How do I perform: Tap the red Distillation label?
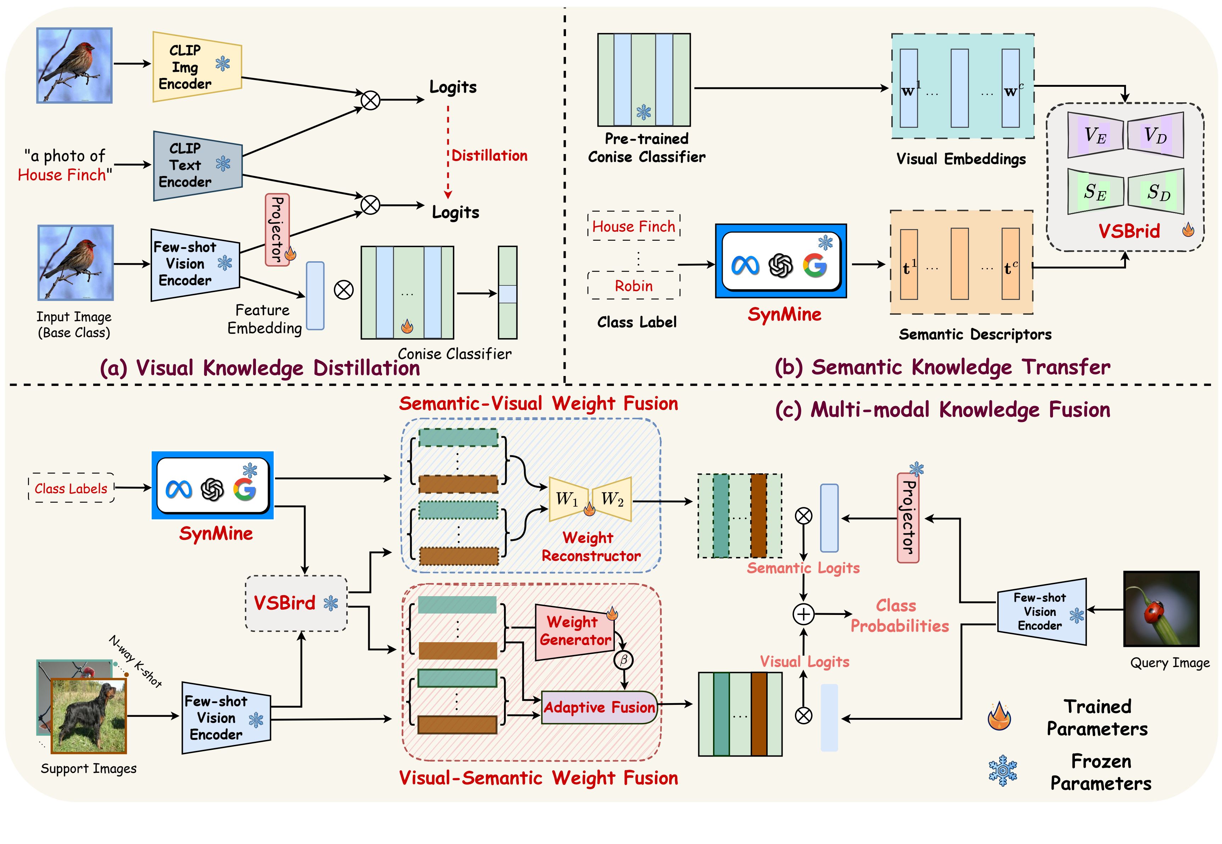point(489,155)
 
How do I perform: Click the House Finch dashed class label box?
point(633,226)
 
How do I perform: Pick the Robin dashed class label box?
point(633,286)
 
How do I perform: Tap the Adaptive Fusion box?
point(599,707)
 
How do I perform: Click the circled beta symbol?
point(623,660)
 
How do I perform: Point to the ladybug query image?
point(1161,609)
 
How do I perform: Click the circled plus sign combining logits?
point(803,614)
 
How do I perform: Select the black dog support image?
point(88,715)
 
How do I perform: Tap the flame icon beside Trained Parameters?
point(999,717)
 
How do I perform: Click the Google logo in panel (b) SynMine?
point(814,266)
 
